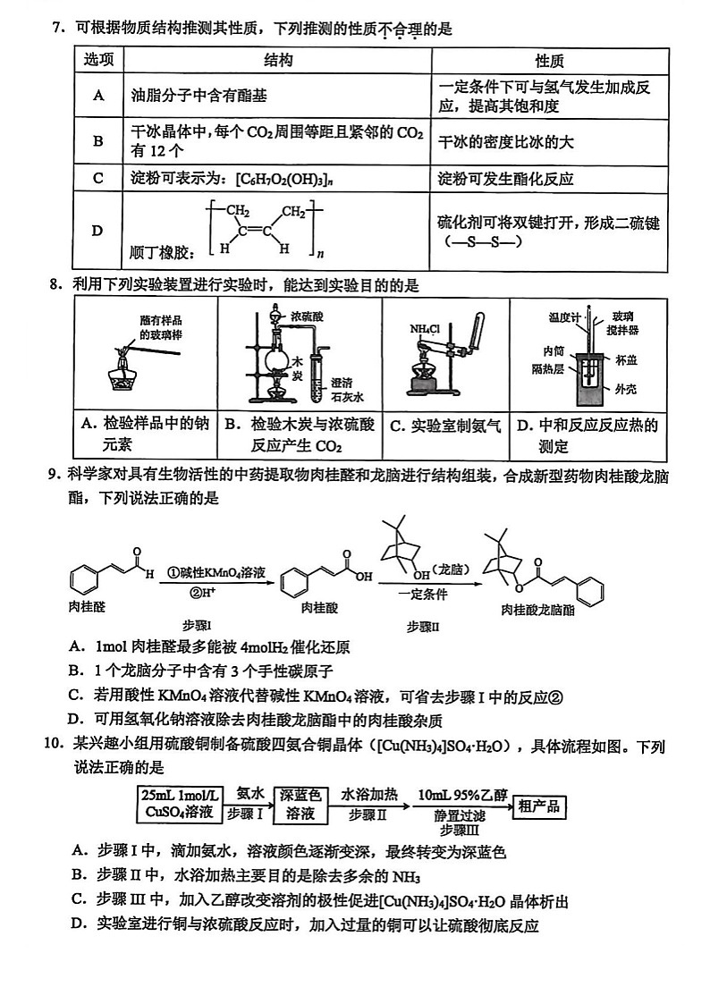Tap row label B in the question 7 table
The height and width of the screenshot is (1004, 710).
pyautogui.click(x=98, y=140)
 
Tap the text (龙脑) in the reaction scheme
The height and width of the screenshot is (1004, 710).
pyautogui.click(x=447, y=569)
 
